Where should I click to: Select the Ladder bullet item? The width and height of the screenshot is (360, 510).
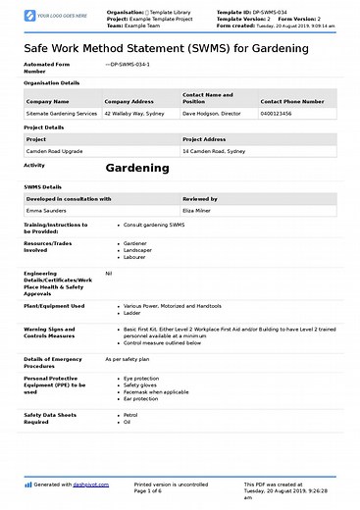(x=131, y=313)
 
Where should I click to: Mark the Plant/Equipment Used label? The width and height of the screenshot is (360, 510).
(x=54, y=306)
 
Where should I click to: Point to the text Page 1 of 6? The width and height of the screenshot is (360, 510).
(x=151, y=490)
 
